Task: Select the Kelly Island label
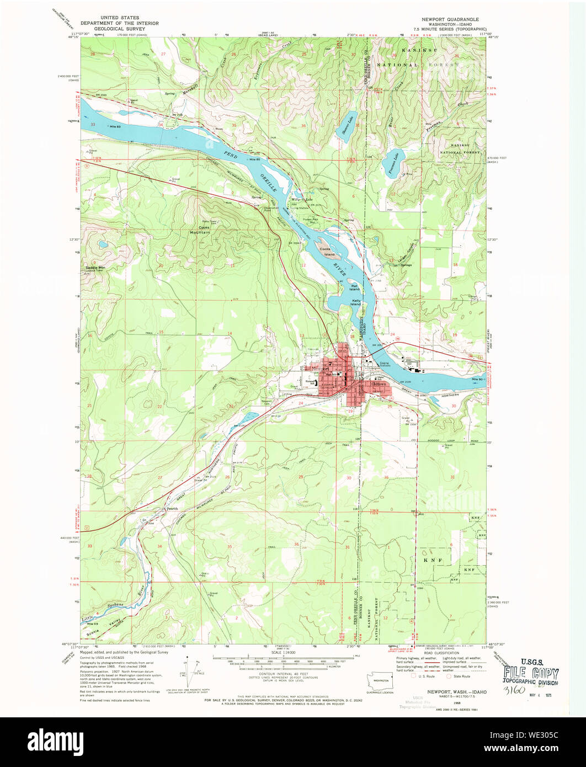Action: tap(356, 302)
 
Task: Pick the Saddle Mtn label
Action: tap(95, 268)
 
